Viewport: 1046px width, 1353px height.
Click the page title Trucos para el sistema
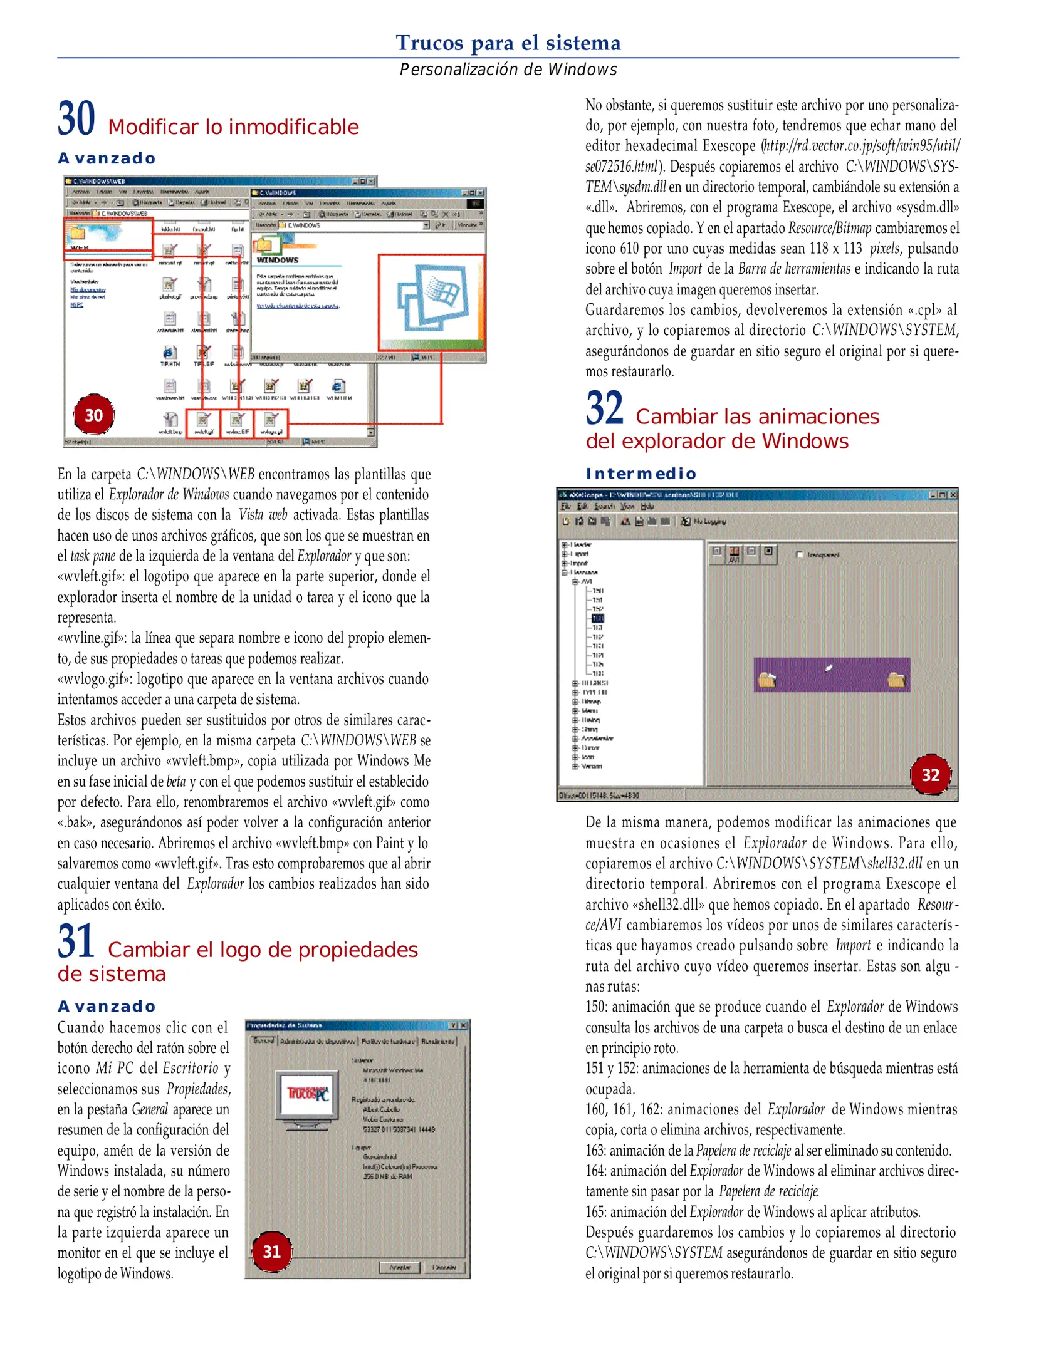[x=508, y=43]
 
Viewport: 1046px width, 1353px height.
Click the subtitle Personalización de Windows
[x=508, y=70]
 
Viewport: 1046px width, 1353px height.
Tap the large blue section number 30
[x=76, y=119]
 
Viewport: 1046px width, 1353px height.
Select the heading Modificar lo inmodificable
[x=233, y=127]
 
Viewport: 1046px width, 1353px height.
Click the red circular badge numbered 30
[x=94, y=415]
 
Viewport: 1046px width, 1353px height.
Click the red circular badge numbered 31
[x=271, y=1252]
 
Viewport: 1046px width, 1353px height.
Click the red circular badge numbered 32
[x=930, y=775]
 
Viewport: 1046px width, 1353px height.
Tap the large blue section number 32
[x=605, y=408]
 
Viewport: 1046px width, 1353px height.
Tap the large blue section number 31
[x=76, y=941]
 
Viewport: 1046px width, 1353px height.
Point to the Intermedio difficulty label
[x=641, y=474]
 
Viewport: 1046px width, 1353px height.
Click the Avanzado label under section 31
[x=107, y=1007]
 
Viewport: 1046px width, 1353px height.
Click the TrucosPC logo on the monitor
[x=308, y=1094]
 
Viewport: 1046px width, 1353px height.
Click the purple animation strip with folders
[x=831, y=675]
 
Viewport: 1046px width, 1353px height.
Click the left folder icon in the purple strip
[x=767, y=679]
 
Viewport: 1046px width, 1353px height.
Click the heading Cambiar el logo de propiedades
[x=263, y=950]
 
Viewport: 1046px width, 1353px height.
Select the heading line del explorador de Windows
[x=716, y=442]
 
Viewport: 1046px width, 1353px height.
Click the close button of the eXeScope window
[x=953, y=495]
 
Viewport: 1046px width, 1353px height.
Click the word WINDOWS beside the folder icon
[x=277, y=260]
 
